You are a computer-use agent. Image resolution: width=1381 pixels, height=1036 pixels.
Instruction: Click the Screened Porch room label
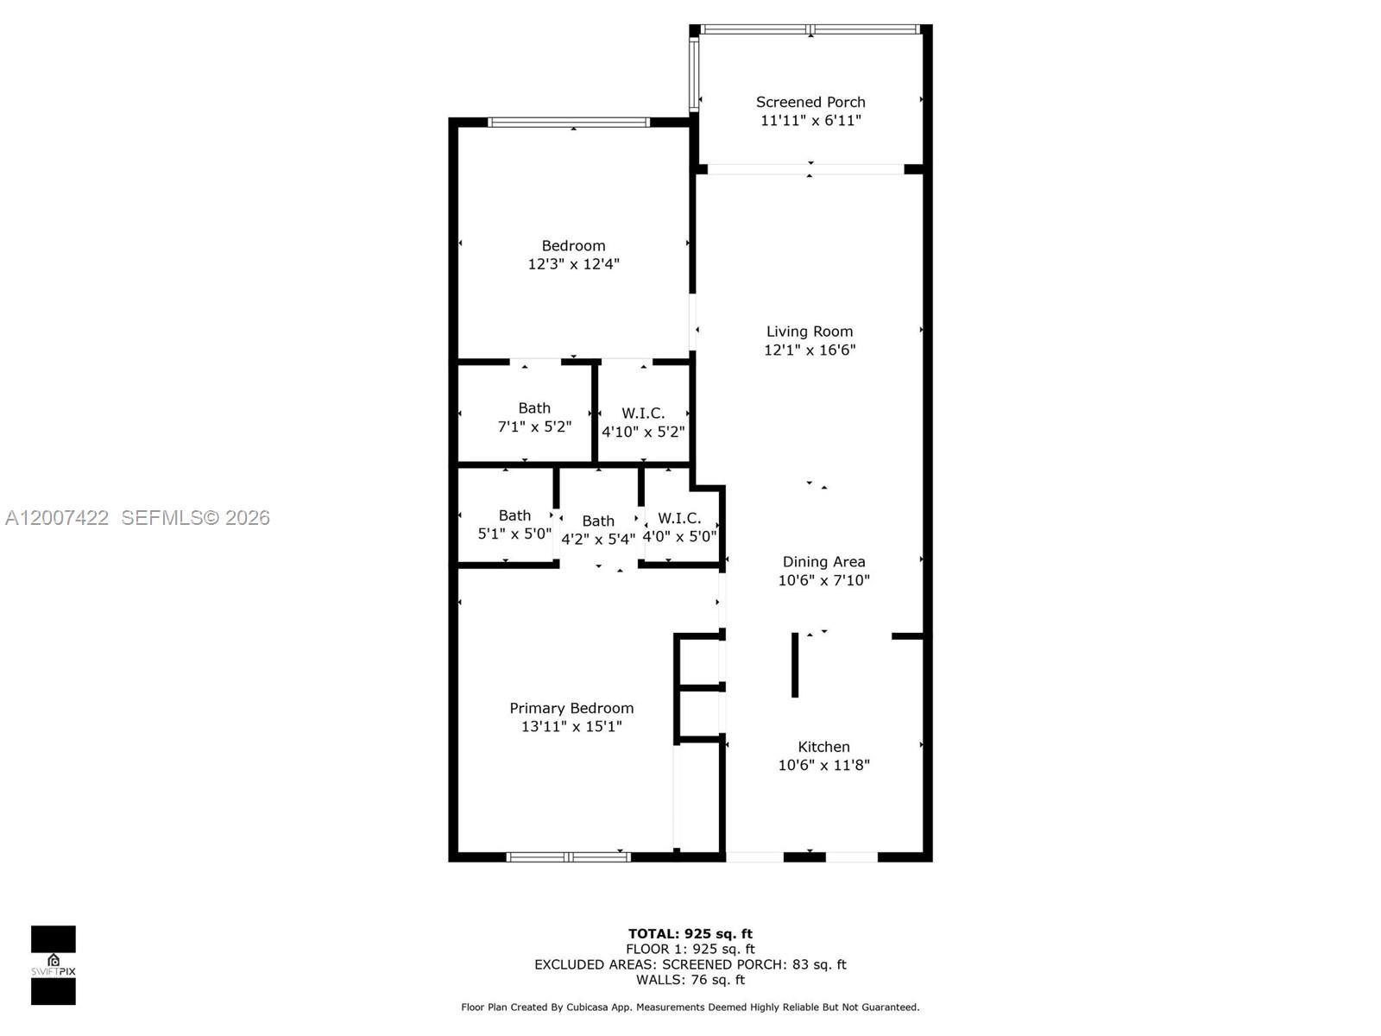coord(810,102)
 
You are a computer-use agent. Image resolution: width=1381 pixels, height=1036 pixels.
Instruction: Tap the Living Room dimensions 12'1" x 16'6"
coord(810,350)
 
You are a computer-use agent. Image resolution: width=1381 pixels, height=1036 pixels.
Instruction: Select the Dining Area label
coord(823,562)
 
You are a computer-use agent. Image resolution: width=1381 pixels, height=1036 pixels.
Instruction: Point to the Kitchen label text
coord(823,747)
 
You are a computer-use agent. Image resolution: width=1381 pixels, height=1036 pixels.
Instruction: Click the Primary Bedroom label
coord(571,708)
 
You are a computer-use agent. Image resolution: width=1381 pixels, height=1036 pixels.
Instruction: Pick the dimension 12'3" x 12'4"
coord(573,264)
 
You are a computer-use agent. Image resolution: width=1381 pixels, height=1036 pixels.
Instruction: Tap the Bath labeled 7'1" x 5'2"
coord(534,417)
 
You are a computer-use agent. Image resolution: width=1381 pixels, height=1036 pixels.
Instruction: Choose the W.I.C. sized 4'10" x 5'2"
coord(643,422)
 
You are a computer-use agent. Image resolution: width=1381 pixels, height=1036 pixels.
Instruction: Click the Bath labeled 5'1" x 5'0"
coord(514,525)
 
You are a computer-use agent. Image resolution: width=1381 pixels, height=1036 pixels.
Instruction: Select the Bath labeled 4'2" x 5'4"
coord(598,530)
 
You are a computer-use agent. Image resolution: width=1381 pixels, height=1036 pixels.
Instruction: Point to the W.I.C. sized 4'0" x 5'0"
coord(679,527)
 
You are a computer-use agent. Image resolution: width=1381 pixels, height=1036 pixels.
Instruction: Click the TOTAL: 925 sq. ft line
coord(690,933)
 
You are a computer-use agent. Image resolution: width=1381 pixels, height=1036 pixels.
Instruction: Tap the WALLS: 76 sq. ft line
coord(690,980)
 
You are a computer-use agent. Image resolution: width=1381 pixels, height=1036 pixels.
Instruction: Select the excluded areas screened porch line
coord(690,964)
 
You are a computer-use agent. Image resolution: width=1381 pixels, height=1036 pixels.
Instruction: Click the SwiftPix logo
coord(54,965)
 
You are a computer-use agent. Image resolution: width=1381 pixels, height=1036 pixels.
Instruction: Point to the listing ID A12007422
coord(57,517)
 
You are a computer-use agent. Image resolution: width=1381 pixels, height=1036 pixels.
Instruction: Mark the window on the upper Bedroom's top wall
coord(569,123)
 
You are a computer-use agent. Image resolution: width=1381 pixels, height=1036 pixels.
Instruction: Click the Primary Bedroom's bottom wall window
coord(568,857)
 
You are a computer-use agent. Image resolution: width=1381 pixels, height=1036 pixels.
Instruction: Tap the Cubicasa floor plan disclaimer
coord(690,1007)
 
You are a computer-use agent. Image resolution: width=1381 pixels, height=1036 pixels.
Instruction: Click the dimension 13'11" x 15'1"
coord(571,727)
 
